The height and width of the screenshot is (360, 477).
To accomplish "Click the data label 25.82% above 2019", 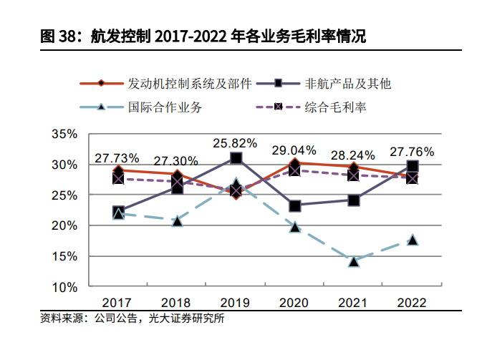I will tap(236, 142).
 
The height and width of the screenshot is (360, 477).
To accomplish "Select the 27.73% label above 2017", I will tap(117, 157).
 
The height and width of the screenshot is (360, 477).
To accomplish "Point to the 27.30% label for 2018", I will tap(176, 160).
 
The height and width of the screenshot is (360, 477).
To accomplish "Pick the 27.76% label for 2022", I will tap(412, 151).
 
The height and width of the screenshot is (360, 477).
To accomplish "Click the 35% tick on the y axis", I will tap(64, 135).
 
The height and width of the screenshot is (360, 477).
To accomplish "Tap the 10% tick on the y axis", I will tap(64, 287).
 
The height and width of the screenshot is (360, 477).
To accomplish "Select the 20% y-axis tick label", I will tap(64, 226).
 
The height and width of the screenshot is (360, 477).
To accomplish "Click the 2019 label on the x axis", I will tap(236, 302).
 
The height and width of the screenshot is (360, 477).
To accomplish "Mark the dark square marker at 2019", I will tap(236, 158).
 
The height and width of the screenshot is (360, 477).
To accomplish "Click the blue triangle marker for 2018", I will tap(177, 221).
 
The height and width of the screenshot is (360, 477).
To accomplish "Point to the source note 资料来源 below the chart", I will tap(132, 318).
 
